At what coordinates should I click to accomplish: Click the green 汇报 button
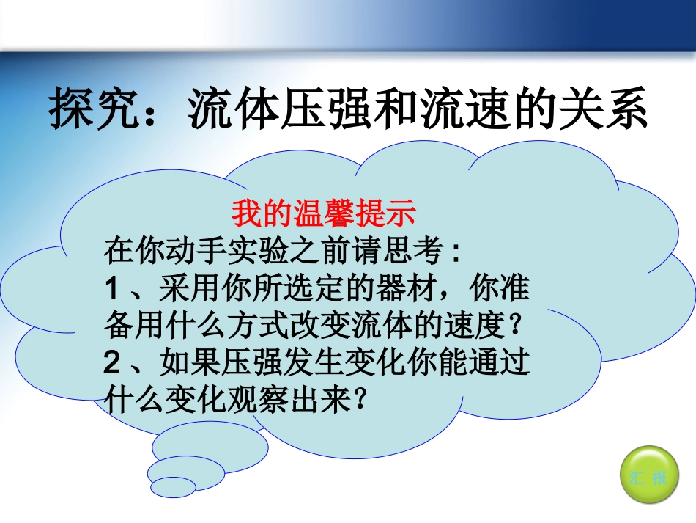(648, 478)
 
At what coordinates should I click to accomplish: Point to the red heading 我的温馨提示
(324, 215)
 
